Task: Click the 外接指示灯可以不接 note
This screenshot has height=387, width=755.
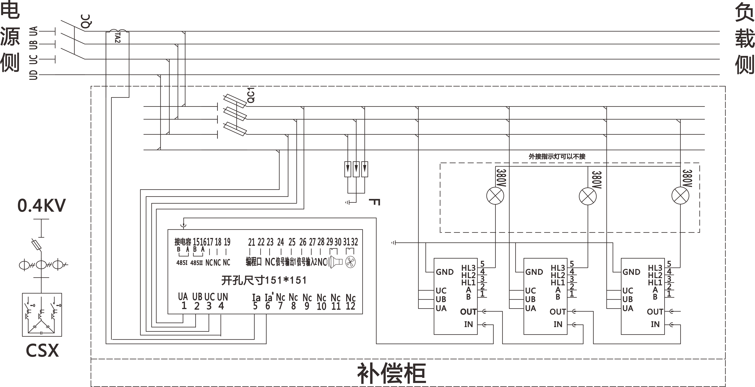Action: point(557,156)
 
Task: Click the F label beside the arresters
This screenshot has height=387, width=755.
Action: point(374,202)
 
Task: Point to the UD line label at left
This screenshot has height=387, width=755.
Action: point(34,75)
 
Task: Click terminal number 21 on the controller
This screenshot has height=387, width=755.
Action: point(251,242)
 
